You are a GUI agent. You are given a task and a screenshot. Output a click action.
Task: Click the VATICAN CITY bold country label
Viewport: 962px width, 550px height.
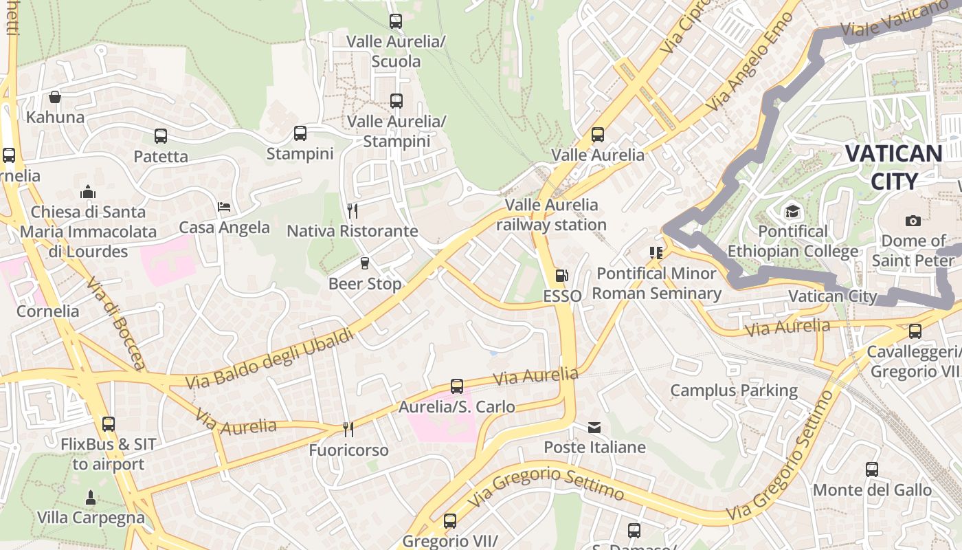click(893, 167)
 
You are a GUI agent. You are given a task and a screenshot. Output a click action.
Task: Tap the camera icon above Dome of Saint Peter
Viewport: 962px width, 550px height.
click(913, 221)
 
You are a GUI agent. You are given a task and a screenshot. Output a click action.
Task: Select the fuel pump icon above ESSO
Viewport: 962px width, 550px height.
click(561, 276)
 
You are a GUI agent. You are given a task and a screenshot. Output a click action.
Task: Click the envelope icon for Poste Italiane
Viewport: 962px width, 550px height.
click(594, 428)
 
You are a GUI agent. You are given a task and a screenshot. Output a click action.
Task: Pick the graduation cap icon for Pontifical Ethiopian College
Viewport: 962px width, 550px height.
click(793, 211)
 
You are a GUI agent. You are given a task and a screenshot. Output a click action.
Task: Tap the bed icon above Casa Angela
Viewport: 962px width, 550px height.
click(224, 207)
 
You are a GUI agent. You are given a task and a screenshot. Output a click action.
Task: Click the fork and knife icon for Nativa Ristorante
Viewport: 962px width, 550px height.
click(353, 210)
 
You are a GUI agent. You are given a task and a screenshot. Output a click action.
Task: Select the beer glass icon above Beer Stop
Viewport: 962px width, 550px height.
click(365, 263)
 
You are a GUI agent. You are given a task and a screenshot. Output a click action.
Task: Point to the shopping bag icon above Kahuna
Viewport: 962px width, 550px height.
click(55, 97)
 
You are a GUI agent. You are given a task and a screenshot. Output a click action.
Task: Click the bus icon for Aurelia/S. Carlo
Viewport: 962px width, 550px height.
click(457, 386)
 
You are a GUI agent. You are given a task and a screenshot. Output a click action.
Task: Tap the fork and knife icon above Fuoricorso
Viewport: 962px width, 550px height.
click(348, 430)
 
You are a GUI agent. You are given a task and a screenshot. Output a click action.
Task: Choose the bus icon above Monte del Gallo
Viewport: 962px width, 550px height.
click(872, 470)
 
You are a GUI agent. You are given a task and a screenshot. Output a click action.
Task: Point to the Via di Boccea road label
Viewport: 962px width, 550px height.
click(115, 323)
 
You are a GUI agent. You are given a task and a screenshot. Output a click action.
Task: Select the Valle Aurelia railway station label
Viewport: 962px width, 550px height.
click(552, 214)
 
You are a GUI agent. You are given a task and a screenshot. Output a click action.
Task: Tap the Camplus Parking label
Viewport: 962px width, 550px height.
click(734, 390)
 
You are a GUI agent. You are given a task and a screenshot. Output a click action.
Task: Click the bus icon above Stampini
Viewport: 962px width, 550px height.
click(300, 133)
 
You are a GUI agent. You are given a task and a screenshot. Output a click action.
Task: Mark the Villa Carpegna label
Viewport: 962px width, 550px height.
click(91, 518)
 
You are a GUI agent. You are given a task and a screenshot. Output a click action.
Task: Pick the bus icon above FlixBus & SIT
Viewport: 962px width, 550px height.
click(108, 424)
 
